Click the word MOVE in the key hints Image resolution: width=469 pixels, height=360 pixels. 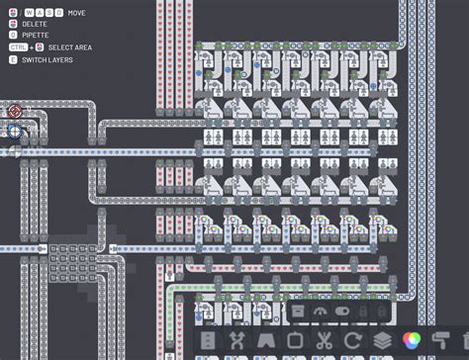point(77,12)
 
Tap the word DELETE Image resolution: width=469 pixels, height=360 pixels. point(36,23)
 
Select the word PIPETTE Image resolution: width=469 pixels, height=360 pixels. point(36,35)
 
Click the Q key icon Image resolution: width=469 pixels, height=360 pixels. point(13,35)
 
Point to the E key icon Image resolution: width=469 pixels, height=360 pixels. point(13,58)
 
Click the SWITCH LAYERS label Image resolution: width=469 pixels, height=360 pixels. point(49,58)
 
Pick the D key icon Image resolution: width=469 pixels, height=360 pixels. point(60,12)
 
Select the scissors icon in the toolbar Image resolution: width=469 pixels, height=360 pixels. point(323,341)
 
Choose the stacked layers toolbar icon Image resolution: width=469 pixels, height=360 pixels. point(382,341)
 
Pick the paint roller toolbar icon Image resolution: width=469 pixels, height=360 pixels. point(441,341)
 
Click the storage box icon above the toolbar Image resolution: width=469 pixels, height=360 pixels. point(298,311)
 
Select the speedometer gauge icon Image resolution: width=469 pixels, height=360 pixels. point(320,311)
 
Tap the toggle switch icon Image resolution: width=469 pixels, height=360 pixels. point(342,311)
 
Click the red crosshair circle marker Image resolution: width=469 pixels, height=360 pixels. point(15,112)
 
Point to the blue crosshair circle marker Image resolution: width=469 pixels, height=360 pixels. point(15,130)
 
